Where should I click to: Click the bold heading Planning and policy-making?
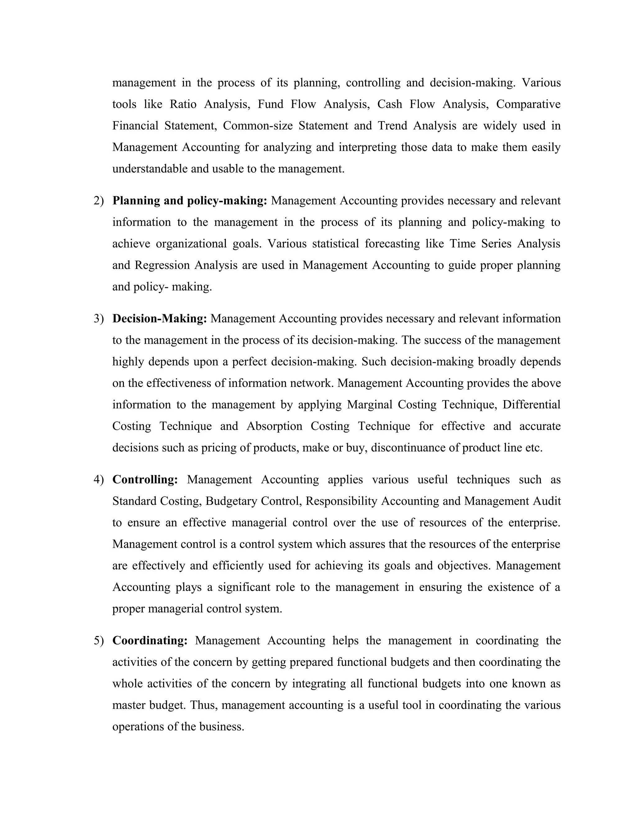click(x=189, y=201)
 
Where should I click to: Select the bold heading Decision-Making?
click(x=160, y=319)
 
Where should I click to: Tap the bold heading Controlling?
click(x=145, y=480)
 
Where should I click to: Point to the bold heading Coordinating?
click(x=150, y=641)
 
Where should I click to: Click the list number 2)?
click(x=98, y=201)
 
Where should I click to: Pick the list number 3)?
click(x=98, y=319)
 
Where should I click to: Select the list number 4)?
click(x=98, y=480)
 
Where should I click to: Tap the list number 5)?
click(x=98, y=641)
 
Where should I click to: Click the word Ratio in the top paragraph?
click(x=183, y=104)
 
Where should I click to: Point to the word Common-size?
click(x=258, y=125)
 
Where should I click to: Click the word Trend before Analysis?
click(x=392, y=125)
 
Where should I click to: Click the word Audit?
click(x=547, y=501)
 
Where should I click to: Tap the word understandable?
click(x=150, y=169)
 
